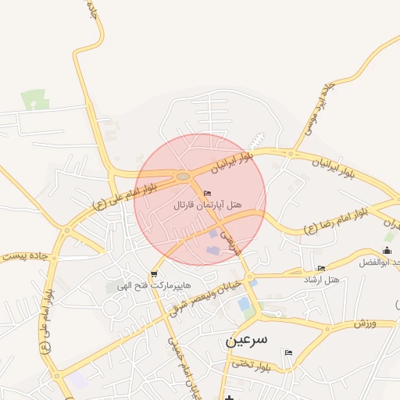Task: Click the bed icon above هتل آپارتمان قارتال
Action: coord(207,193)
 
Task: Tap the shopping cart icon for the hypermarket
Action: coord(154,273)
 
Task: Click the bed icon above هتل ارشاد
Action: coord(321,268)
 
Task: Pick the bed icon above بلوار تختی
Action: coord(288,352)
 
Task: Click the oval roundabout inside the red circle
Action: coord(183,177)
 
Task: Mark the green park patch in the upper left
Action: coord(34,100)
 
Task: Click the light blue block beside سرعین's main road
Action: coord(245,303)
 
